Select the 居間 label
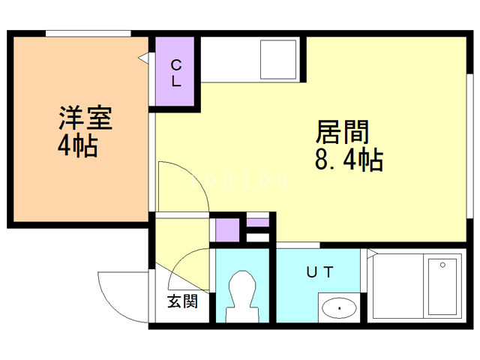coord(343,133)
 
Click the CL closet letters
coord(175,72)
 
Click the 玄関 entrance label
coord(182,302)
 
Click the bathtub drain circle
coord(443,265)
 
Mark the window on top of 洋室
coord(88,33)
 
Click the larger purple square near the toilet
coord(226,229)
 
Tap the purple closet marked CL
coord(176,72)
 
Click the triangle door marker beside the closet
coord(142,58)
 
